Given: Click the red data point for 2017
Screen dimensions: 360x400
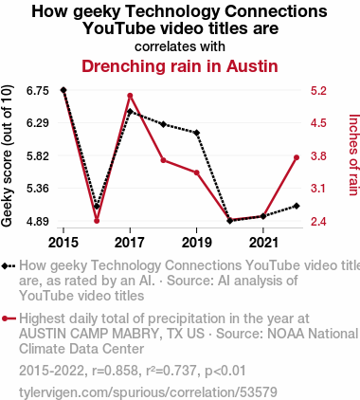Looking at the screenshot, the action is [130, 96].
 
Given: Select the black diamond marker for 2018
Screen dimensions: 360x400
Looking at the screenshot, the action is [163, 124].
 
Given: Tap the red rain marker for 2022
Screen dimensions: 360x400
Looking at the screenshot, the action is [297, 157].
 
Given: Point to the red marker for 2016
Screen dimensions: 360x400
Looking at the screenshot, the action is [97, 221].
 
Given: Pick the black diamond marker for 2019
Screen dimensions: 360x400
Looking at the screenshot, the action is [197, 133].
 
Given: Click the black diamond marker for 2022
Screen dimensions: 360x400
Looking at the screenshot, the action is [297, 206].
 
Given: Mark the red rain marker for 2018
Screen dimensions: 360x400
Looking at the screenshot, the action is [163, 160].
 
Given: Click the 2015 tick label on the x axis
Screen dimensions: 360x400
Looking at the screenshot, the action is [63, 243].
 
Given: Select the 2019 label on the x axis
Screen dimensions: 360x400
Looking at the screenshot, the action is [197, 243].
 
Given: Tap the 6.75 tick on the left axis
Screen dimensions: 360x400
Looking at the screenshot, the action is [38, 91].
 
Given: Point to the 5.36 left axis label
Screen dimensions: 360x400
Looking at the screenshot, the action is [38, 189].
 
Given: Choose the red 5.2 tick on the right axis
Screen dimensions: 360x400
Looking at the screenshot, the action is [318, 91].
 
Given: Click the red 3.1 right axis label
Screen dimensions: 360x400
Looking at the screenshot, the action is [318, 189].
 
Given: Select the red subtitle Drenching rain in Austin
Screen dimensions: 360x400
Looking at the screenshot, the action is [180, 66].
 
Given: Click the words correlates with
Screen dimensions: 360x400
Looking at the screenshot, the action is [180, 46].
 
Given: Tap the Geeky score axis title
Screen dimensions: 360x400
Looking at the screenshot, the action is [7, 155].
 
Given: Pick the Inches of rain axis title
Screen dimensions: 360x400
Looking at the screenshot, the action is [353, 155].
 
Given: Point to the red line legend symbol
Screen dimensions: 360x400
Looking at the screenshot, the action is [9, 318].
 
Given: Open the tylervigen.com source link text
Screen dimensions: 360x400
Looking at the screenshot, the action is [148, 392].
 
